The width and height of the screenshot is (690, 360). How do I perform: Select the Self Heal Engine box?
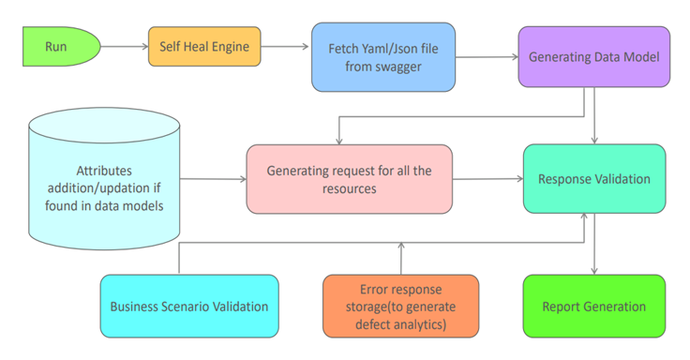click(x=203, y=46)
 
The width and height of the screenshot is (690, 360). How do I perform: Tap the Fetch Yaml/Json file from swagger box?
click(x=369, y=57)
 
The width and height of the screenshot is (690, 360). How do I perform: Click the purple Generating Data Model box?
click(x=592, y=56)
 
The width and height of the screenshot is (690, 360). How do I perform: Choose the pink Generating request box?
click(x=347, y=178)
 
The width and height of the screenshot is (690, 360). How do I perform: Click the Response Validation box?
click(x=593, y=178)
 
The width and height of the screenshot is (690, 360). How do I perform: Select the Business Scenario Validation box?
click(x=188, y=306)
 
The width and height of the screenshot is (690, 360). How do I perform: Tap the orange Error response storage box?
click(x=400, y=306)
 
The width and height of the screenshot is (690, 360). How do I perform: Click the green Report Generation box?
click(x=593, y=306)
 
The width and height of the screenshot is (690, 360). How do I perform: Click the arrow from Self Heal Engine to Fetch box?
click(x=285, y=46)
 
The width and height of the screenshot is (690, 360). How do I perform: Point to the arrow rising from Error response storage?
click(x=400, y=258)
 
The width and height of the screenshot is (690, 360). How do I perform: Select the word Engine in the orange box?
click(x=233, y=46)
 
